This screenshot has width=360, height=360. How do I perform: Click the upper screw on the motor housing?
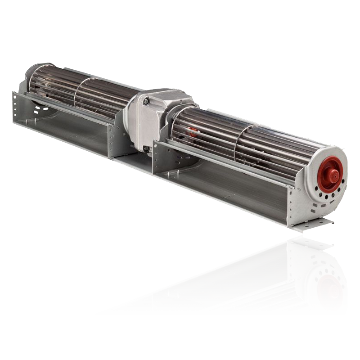146,103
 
